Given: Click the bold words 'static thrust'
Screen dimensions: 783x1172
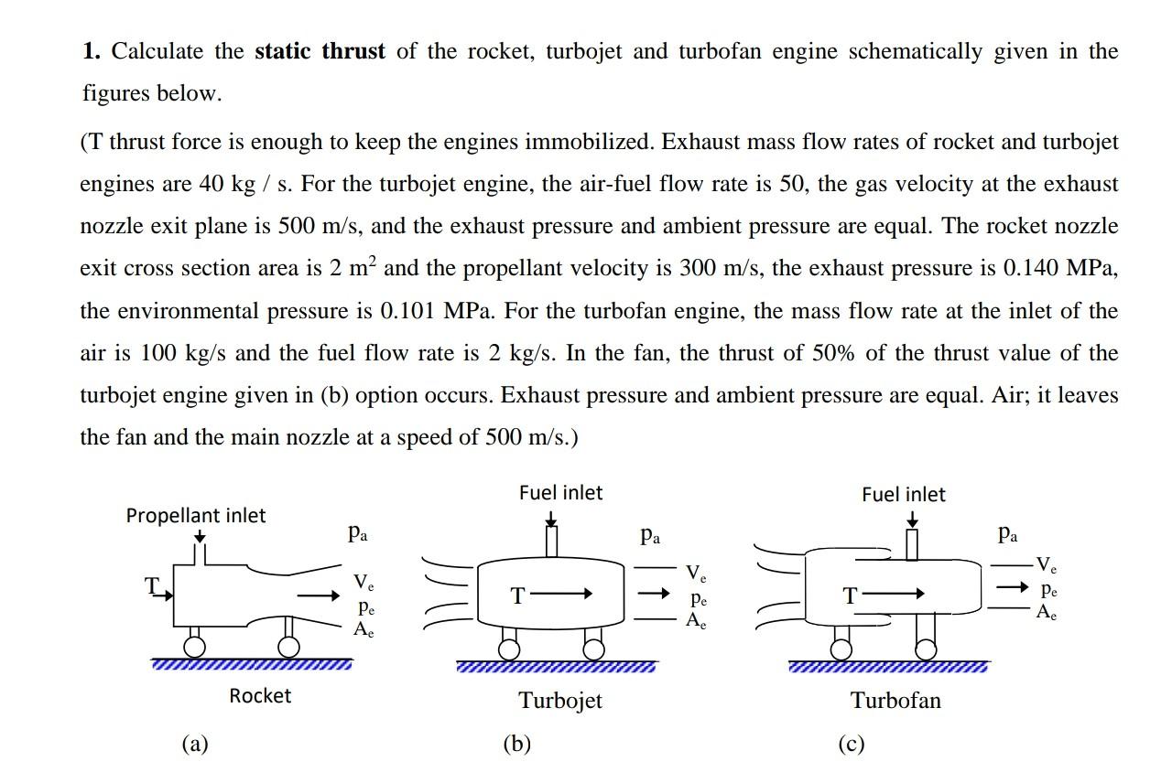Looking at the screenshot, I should pyautogui.click(x=320, y=51).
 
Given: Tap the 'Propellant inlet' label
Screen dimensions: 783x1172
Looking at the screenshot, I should pyautogui.click(x=196, y=516).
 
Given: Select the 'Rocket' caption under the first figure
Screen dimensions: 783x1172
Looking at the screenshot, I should pyautogui.click(x=260, y=696).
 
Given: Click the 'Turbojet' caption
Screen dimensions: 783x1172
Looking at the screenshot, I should pyautogui.click(x=560, y=701).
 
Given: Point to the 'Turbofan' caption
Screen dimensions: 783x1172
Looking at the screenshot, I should pyautogui.click(x=895, y=701).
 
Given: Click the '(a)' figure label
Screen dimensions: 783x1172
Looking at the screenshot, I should pyautogui.click(x=194, y=745).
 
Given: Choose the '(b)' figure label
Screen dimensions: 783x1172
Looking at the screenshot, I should pyautogui.click(x=516, y=745).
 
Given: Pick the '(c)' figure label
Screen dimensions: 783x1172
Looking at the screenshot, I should pyautogui.click(x=851, y=745).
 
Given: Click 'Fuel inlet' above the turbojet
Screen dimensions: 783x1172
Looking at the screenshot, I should pyautogui.click(x=560, y=493).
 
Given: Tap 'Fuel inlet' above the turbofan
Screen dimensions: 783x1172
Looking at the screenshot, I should pyautogui.click(x=903, y=495).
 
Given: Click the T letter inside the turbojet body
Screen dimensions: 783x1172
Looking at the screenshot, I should pyautogui.click(x=517, y=596).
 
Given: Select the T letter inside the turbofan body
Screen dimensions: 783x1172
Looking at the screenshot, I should pyautogui.click(x=850, y=596).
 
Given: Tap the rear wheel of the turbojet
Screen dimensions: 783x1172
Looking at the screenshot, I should pyautogui.click(x=594, y=649).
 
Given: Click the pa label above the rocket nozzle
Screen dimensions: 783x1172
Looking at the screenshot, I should pyautogui.click(x=358, y=533).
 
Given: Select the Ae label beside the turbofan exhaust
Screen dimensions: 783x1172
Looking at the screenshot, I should pyautogui.click(x=1047, y=613).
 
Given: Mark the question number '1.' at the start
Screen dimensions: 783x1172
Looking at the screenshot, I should pyautogui.click(x=91, y=51).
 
